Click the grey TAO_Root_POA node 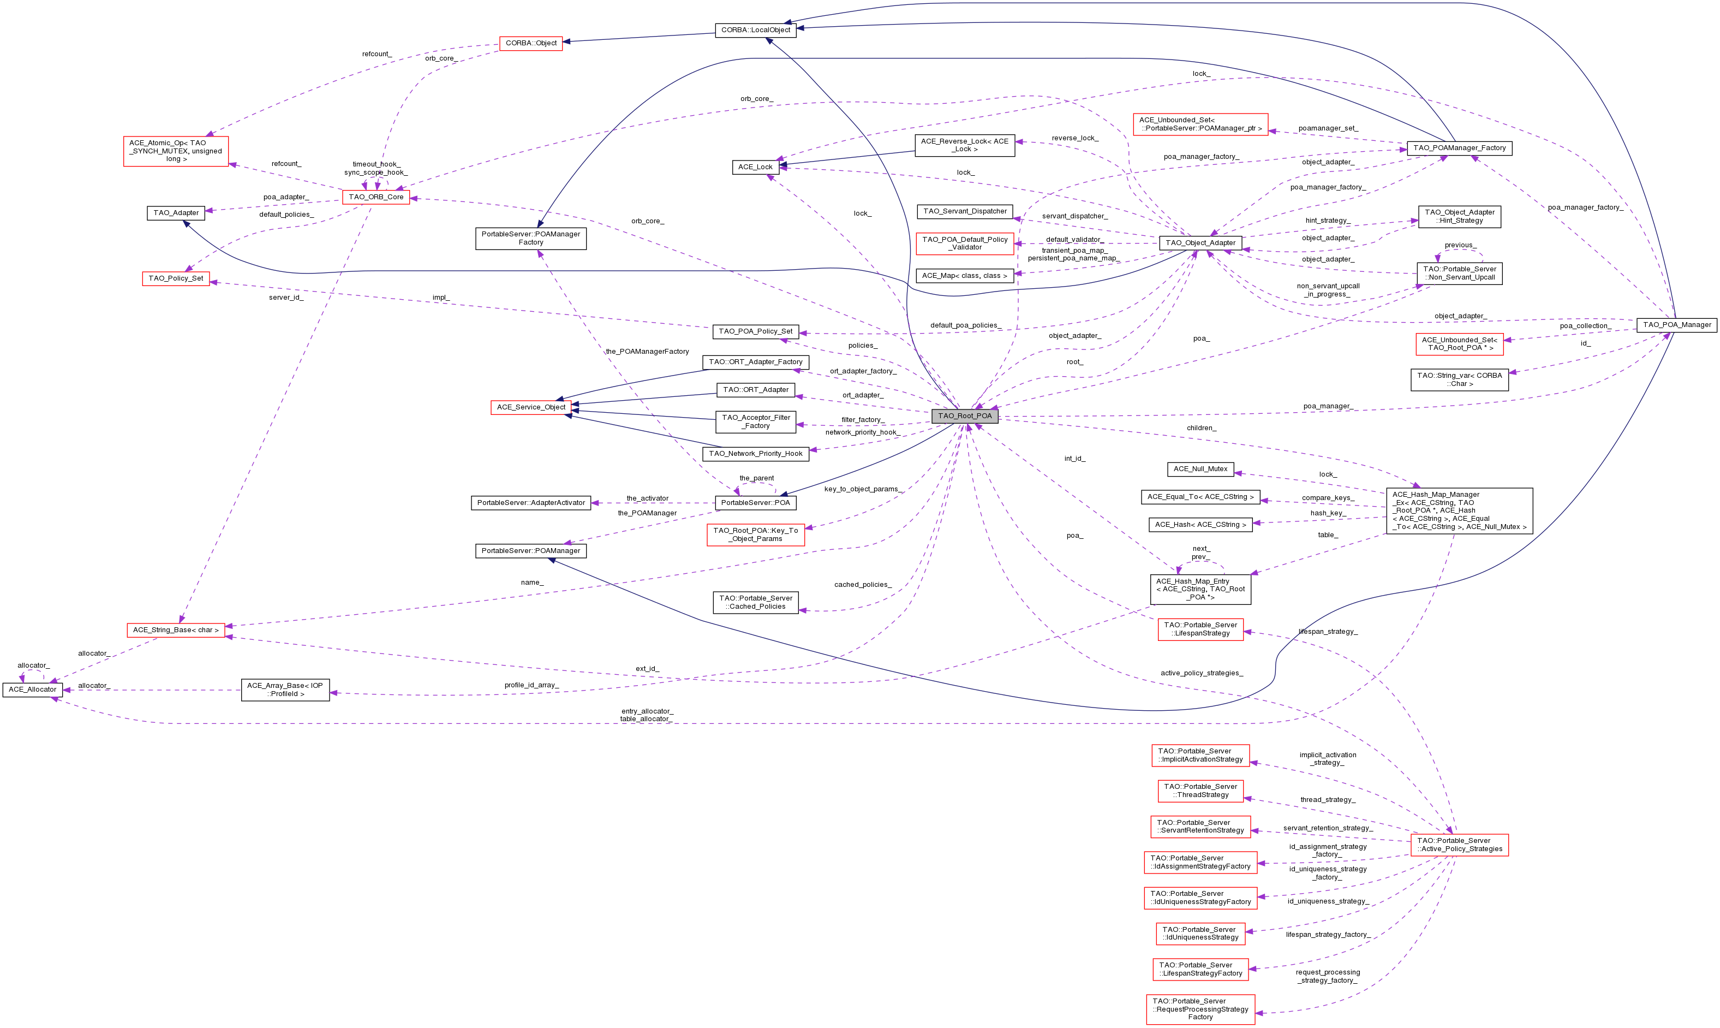coord(965,415)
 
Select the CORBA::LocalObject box coord(755,30)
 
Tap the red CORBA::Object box coord(531,43)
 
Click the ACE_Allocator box coord(33,690)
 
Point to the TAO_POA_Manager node coord(1676,324)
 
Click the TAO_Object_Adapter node coord(1200,242)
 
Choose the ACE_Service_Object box coord(531,407)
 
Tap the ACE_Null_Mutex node coord(1200,469)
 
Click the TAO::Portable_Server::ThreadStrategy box coord(1200,791)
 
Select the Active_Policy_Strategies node coord(1459,845)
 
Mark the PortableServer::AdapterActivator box coord(531,502)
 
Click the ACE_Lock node coord(755,167)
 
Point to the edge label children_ coord(1201,428)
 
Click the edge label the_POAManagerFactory coord(647,351)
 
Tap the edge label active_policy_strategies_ coord(1202,673)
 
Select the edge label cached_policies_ coord(862,585)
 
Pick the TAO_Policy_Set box coord(176,278)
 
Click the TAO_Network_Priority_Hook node coord(755,454)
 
